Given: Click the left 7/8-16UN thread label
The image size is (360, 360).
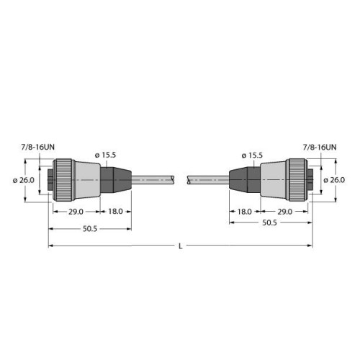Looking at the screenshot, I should (36, 147).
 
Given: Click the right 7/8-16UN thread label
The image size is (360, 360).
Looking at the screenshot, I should (320, 147).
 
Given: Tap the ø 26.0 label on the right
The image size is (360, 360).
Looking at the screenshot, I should (335, 180).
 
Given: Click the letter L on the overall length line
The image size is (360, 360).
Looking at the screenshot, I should (179, 247).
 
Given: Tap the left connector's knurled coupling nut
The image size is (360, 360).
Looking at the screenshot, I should (63, 180).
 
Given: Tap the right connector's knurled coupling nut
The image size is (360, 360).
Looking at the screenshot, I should (296, 180).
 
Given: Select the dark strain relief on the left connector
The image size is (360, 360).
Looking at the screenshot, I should (115, 180).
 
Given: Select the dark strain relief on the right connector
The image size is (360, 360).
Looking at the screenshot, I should (243, 180).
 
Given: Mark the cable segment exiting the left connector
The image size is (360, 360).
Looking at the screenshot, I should (155, 180).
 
